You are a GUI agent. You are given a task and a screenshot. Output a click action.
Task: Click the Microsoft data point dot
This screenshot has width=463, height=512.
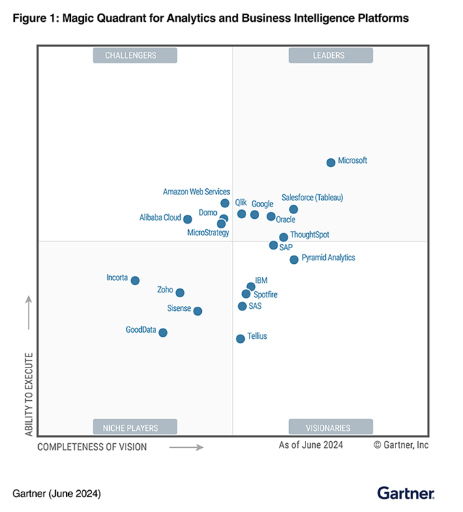331,162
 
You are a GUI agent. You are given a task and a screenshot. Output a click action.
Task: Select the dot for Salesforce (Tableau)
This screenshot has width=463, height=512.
293,209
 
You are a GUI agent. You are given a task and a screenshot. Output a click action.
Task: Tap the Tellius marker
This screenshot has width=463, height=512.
240,338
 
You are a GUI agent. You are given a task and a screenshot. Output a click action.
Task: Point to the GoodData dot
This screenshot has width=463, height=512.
163,333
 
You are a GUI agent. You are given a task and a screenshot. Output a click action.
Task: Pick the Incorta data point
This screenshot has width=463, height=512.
135,280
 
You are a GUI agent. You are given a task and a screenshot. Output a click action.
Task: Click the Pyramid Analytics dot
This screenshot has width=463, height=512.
294,259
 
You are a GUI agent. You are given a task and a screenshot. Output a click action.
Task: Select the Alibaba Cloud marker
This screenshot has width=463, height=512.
188,219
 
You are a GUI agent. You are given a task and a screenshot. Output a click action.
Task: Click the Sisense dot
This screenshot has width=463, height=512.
198,311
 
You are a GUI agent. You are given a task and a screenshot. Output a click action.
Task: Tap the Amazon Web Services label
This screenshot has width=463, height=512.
196,192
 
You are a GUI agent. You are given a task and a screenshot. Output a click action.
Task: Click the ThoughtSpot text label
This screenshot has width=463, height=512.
310,235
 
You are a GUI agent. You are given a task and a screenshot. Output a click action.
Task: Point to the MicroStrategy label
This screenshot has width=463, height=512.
208,233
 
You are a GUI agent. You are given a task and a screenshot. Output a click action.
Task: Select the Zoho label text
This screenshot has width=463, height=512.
165,290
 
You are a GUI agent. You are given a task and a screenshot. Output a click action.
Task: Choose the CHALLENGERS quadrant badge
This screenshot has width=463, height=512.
135,55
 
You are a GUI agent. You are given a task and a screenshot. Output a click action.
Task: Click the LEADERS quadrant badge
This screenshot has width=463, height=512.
330,55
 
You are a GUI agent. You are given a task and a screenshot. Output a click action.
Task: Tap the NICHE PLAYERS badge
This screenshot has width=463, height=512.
135,427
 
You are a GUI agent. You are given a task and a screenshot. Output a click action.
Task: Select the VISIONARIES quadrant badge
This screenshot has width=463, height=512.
330,427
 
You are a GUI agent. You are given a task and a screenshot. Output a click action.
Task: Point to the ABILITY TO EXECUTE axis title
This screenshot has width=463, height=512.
29,394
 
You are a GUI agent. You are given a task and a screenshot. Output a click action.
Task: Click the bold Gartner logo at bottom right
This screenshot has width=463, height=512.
406,492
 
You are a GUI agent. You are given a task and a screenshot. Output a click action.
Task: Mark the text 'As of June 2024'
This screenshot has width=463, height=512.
311,445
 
